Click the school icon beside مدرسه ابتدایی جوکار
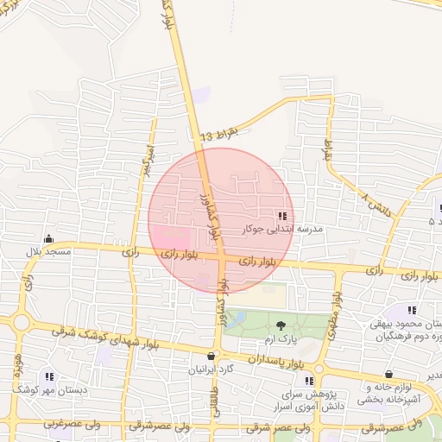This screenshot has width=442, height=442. (x=281, y=216)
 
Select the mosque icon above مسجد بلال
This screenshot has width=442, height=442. (x=48, y=239)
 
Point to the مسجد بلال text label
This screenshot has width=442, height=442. (x=47, y=251)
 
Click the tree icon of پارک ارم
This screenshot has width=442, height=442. (x=281, y=325)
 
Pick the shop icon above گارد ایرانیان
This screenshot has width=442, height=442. (x=212, y=356)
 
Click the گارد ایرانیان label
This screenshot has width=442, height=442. (x=212, y=369)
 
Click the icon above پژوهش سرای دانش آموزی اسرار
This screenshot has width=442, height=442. (x=309, y=381)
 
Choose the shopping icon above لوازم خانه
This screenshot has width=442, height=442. (x=389, y=376)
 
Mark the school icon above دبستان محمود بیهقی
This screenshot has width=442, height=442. (x=412, y=310)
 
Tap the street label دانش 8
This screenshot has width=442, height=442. (x=376, y=205)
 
